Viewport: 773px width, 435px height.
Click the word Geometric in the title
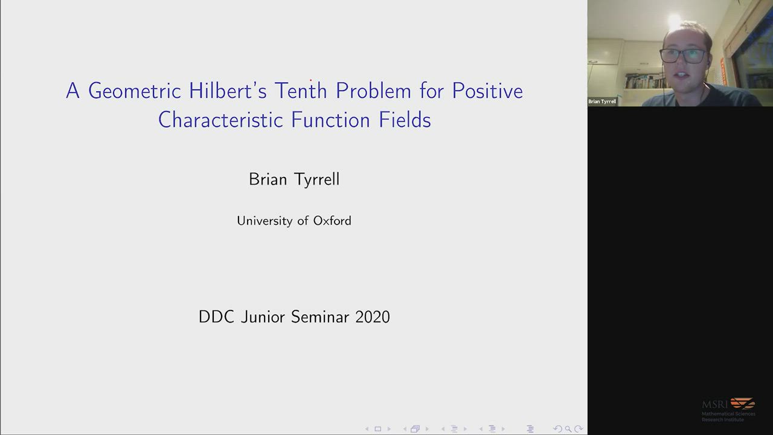coord(135,91)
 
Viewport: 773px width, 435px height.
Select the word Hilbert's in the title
coord(228,91)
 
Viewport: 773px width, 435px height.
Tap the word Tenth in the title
coord(301,91)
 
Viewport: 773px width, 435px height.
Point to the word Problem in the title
coord(373,91)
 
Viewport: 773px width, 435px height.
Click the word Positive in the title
coord(487,91)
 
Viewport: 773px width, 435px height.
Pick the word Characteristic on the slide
coord(220,120)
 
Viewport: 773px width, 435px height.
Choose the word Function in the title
coord(330,120)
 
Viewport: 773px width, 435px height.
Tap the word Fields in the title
coord(405,120)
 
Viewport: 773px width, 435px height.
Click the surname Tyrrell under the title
coord(317,180)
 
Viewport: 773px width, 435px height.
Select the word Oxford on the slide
coord(332,221)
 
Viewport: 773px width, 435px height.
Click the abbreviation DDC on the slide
coord(216,317)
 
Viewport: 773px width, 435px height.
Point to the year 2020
coord(373,317)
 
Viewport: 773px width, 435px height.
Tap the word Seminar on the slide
coord(320,317)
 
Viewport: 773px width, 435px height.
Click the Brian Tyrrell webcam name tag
coord(602,101)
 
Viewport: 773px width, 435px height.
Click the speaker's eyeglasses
coord(682,56)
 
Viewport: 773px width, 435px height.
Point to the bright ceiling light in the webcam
coord(675,21)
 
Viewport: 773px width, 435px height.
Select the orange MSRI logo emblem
coord(743,403)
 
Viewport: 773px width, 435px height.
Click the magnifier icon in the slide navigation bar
coord(568,429)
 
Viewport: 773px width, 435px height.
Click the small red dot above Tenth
coord(310,80)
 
